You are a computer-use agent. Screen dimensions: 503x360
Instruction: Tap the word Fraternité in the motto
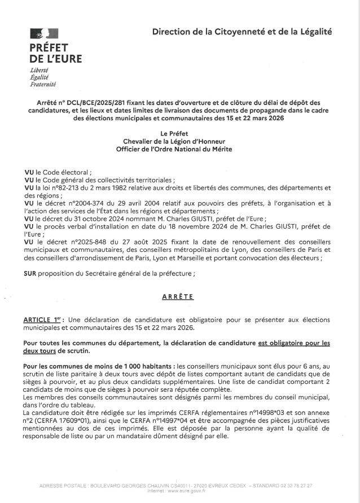43,84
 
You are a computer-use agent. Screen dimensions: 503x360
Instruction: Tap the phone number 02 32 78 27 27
297,485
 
